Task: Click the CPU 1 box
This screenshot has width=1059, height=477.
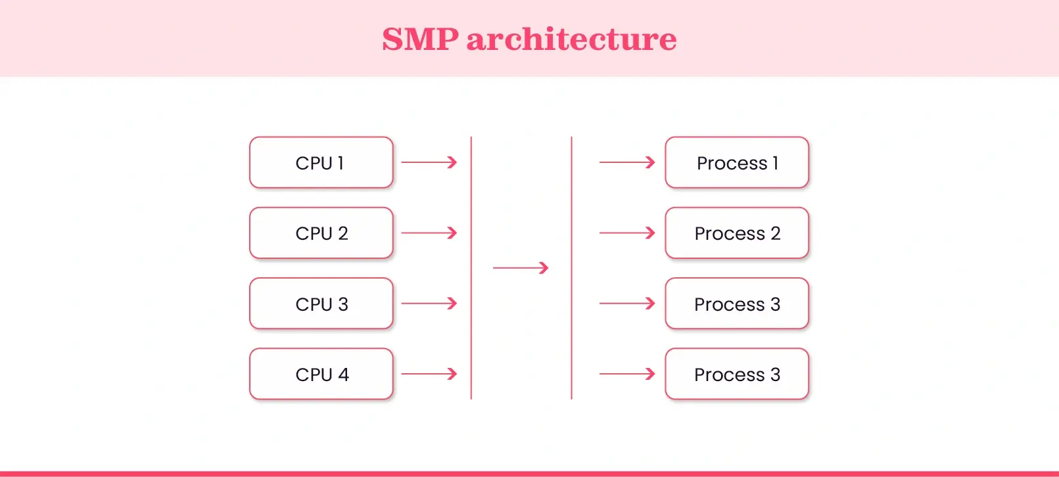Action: tap(321, 162)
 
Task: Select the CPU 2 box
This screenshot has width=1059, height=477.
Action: tap(321, 233)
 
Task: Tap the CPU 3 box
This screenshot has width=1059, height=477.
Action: tap(321, 304)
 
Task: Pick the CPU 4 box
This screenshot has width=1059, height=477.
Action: tap(321, 375)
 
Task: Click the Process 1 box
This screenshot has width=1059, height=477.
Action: tap(736, 162)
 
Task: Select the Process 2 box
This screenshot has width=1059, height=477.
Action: tap(736, 233)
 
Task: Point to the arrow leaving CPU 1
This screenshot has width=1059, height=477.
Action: tap(429, 162)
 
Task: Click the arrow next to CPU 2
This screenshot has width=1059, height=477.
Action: tap(429, 233)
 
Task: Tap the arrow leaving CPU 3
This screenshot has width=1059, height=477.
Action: tap(429, 304)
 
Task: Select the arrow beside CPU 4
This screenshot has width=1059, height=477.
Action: tap(429, 374)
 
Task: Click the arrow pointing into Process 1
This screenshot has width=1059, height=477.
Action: tap(627, 162)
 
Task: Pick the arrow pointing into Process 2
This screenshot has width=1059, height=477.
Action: tap(627, 233)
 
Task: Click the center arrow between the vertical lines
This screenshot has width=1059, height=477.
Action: tap(521, 268)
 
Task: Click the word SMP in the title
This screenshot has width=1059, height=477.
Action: tap(420, 39)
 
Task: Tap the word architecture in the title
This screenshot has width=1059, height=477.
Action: tap(571, 39)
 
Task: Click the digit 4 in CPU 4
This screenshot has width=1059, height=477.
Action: tap(343, 375)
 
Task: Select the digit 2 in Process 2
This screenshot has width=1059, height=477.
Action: tap(776, 233)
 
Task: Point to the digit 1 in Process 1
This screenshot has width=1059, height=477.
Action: tap(776, 163)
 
